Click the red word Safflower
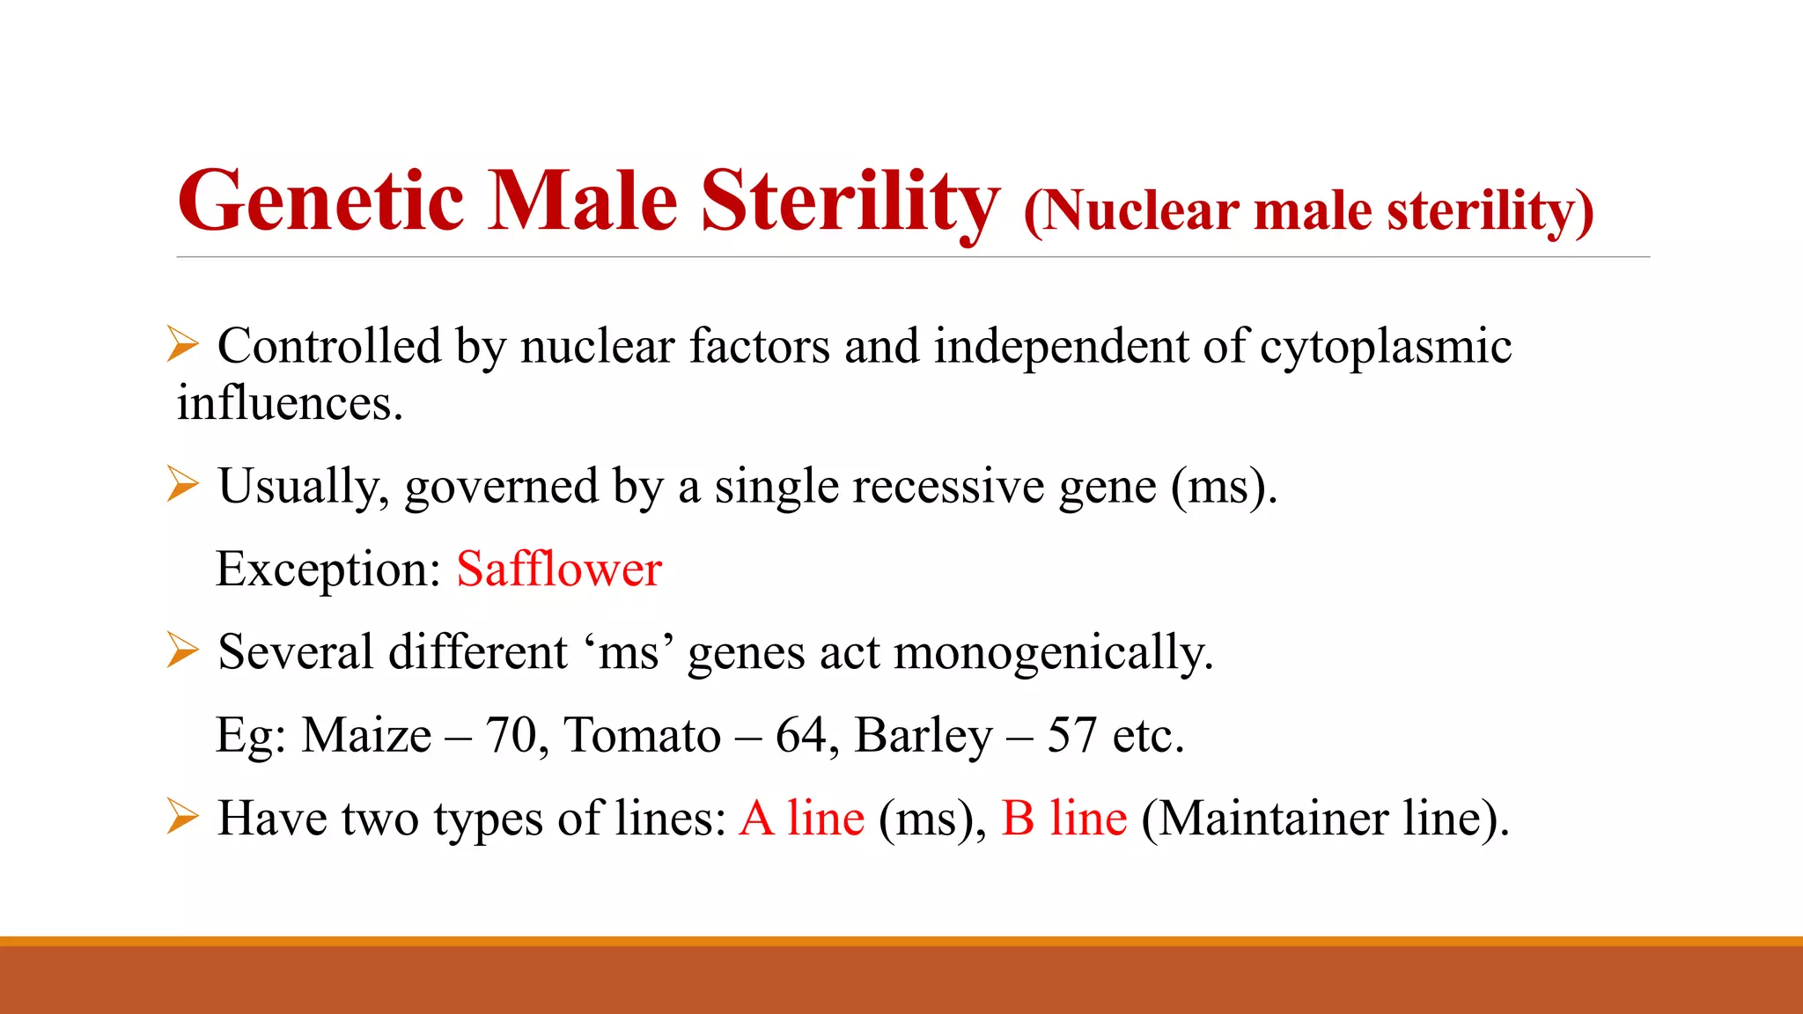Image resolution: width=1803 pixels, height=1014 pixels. (x=559, y=569)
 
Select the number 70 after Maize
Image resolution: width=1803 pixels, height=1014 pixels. (x=511, y=735)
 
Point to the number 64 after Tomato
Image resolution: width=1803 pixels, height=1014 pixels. (x=801, y=735)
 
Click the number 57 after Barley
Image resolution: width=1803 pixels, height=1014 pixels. (x=1071, y=735)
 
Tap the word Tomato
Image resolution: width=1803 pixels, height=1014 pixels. (x=643, y=735)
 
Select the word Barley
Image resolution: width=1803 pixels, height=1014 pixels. (x=924, y=737)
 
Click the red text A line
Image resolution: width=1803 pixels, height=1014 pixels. (x=802, y=818)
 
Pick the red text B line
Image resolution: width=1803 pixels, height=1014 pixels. (x=1064, y=818)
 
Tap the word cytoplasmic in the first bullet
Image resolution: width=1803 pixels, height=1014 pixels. (x=1386, y=347)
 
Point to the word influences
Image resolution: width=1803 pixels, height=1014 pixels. (x=289, y=403)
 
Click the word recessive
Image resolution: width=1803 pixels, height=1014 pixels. (x=947, y=486)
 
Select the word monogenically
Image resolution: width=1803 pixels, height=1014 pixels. (x=1054, y=653)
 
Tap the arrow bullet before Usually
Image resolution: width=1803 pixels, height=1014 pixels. (x=182, y=484)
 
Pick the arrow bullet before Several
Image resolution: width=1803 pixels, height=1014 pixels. (x=182, y=650)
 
